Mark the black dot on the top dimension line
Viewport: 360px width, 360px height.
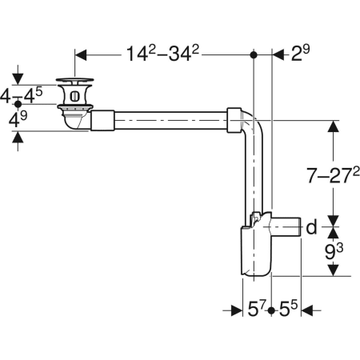(x=254, y=55)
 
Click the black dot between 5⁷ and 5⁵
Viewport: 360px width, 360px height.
(x=273, y=310)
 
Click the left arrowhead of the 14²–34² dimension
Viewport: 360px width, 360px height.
(x=81, y=55)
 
